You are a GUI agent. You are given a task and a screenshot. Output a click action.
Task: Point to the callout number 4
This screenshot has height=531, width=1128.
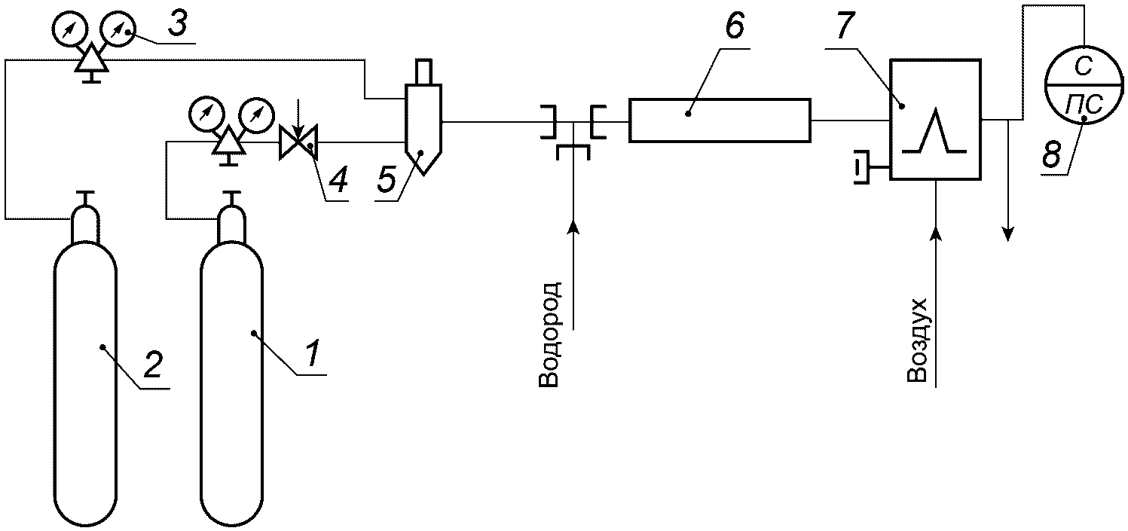pyautogui.click(x=339, y=180)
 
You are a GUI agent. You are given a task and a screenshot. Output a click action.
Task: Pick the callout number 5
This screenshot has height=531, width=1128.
pyautogui.click(x=387, y=180)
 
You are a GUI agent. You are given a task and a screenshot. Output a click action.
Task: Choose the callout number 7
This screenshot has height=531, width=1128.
pyautogui.click(x=845, y=25)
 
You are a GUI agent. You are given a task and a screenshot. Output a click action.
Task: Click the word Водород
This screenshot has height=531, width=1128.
pyautogui.click(x=549, y=334)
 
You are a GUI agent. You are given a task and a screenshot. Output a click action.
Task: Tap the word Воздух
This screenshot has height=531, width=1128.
pyautogui.click(x=917, y=340)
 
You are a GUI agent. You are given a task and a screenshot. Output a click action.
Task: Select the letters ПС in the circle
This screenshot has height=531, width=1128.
pyautogui.click(x=1084, y=105)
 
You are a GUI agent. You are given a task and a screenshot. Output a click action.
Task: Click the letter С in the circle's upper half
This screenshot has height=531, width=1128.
pyautogui.click(x=1083, y=66)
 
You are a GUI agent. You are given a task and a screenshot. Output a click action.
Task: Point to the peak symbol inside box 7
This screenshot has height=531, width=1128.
pyautogui.click(x=934, y=130)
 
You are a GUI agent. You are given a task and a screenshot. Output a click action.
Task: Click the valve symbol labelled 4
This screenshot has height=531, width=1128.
pyautogui.click(x=298, y=142)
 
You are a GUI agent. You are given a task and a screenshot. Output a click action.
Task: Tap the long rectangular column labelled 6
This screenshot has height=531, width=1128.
pyautogui.click(x=720, y=121)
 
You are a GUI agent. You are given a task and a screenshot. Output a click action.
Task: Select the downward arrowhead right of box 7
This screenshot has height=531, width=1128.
pyautogui.click(x=1007, y=233)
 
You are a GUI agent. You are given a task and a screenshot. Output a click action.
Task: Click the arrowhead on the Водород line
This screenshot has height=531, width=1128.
pyautogui.click(x=573, y=227)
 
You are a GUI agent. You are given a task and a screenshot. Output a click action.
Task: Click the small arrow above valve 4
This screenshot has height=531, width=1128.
pyautogui.click(x=298, y=119)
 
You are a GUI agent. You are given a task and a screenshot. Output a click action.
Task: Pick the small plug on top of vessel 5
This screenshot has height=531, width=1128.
pyautogui.click(x=423, y=72)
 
